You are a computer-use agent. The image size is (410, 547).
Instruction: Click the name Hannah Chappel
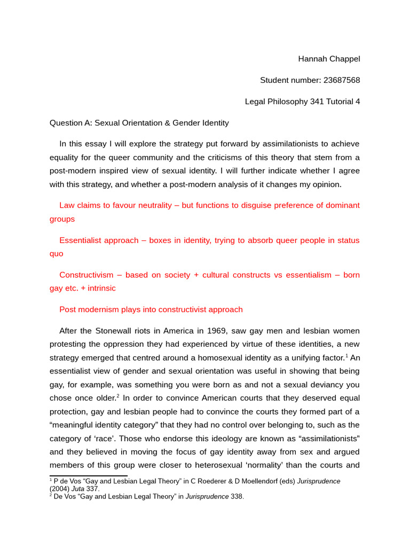(329, 59)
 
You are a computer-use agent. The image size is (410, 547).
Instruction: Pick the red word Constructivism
(86, 275)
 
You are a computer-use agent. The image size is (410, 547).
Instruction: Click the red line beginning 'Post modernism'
(151, 310)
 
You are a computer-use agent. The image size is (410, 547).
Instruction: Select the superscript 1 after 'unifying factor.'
(346, 355)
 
